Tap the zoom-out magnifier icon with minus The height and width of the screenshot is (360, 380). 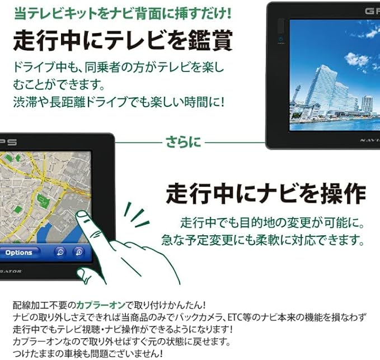point(60,252)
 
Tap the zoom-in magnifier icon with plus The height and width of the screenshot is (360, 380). point(79,252)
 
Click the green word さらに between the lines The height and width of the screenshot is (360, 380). point(183,142)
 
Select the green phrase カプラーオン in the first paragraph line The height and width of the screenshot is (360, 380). point(101,305)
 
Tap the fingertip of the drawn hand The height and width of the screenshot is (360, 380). point(81,214)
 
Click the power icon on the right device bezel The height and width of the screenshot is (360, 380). point(281,39)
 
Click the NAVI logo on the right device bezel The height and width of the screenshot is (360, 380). point(370,140)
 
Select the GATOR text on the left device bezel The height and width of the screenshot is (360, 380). point(10,271)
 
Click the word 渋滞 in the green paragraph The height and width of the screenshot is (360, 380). point(25,102)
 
